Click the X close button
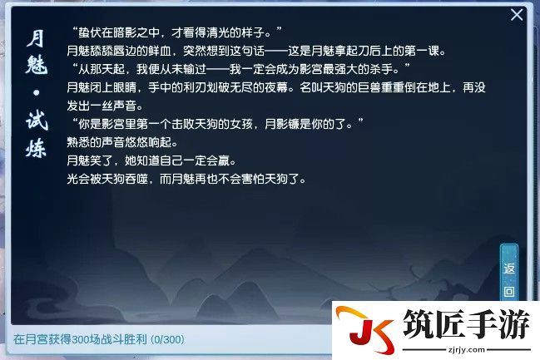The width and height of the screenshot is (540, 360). [517, 15]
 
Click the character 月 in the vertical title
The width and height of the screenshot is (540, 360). [36, 38]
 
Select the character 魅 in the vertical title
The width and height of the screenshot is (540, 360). [36, 64]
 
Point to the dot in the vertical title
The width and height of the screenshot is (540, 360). [36, 92]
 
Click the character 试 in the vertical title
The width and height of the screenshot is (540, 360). [37, 120]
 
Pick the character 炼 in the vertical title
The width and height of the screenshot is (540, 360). [36, 148]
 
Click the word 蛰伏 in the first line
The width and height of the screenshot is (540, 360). [90, 32]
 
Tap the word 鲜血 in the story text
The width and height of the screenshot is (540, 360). [160, 51]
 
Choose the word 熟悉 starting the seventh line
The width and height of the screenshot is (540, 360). [78, 142]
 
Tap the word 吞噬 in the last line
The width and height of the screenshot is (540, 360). [136, 179]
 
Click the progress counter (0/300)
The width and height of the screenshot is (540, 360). [168, 340]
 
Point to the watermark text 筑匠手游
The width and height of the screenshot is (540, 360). [466, 323]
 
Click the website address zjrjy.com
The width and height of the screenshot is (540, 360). [466, 350]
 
